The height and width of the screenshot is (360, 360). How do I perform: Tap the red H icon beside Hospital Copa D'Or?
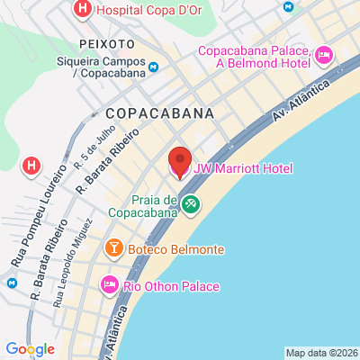[82, 11]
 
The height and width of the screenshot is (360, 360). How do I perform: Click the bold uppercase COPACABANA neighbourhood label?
[160, 113]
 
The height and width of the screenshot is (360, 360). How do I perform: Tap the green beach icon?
[191, 204]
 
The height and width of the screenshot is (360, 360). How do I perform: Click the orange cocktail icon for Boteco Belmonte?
[114, 247]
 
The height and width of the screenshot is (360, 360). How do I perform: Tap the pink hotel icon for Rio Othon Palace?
[110, 285]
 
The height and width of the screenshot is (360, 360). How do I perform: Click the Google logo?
[30, 349]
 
